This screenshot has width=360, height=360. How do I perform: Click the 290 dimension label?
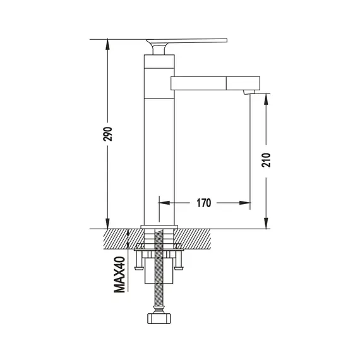107,134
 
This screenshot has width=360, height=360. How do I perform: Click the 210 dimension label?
267,160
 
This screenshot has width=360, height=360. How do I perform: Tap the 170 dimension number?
203,203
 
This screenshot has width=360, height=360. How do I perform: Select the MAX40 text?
119,275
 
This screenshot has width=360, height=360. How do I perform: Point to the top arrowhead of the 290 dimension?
107,44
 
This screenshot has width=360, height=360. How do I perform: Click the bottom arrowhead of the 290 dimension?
107,224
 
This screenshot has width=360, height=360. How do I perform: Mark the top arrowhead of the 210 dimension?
266,99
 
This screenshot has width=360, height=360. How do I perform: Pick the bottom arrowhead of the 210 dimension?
266,224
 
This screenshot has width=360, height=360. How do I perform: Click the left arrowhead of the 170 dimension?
164,203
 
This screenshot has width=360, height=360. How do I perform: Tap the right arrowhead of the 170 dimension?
245,203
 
